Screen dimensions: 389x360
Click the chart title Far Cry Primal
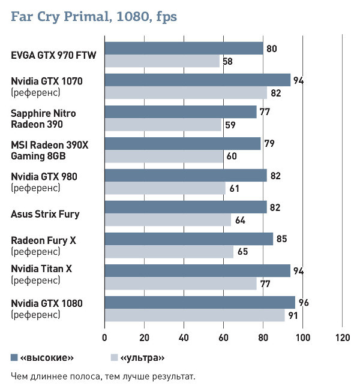point(94,17)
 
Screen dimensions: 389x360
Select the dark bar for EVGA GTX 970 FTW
point(184,49)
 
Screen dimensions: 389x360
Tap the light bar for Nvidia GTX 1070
point(185,93)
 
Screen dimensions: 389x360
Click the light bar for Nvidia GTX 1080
point(194,315)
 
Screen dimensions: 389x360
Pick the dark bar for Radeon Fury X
point(188,239)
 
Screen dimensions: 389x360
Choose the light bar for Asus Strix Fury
point(167,220)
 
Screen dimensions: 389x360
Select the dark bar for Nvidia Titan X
point(197,271)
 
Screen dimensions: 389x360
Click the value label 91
point(292,315)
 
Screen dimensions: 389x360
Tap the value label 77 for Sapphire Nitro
point(264,112)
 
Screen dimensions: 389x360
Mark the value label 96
point(304,303)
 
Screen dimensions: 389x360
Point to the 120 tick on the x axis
point(343,337)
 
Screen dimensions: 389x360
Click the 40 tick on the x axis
point(184,337)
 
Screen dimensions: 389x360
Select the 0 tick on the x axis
point(105,337)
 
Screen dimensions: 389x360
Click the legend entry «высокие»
point(47,358)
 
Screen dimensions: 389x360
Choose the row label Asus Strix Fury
point(45,213)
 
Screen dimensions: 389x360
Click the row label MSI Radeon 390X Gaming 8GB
point(47,150)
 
